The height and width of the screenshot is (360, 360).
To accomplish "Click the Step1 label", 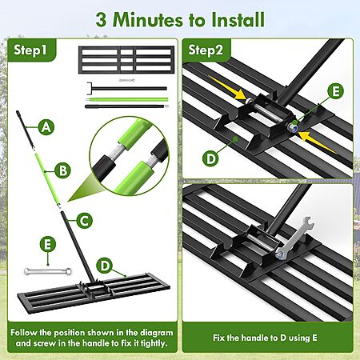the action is [x=30, y=50].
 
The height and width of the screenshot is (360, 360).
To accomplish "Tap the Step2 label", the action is [x=206, y=50].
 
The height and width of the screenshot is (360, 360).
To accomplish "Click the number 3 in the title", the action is [x=101, y=20].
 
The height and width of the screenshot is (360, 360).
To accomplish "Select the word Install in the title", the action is [x=238, y=19].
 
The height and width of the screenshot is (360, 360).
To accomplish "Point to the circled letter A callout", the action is [x=46, y=127].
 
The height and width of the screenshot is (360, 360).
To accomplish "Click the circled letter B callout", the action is [x=63, y=170].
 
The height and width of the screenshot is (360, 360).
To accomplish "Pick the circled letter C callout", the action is [x=84, y=221].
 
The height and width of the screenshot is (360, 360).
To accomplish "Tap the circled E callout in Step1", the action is [x=48, y=244].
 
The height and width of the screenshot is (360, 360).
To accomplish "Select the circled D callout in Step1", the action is [x=105, y=266].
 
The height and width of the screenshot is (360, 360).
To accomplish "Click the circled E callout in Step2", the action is [x=336, y=91].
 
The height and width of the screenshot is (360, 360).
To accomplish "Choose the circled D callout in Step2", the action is [x=210, y=159].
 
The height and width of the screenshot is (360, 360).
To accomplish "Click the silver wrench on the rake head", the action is [x=294, y=237].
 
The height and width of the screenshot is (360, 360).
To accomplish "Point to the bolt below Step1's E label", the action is [x=48, y=271].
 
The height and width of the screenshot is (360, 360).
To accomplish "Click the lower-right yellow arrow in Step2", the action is [x=318, y=142].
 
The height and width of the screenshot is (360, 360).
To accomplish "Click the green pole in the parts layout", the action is [x=127, y=99].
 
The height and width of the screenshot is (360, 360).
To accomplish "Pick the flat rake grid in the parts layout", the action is [x=126, y=60].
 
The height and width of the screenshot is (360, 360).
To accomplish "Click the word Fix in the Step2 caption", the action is [x=219, y=338].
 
